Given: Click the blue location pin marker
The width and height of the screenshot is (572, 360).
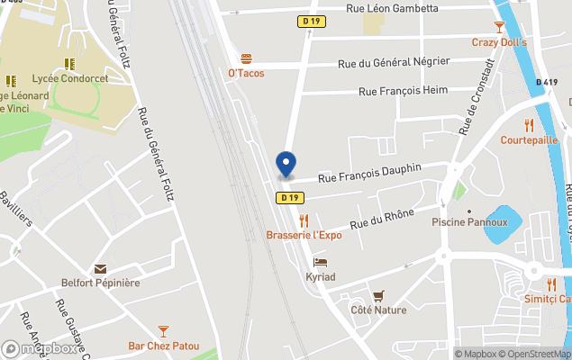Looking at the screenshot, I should click(286, 165).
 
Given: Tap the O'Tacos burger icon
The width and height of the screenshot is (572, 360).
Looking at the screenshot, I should click(246, 58).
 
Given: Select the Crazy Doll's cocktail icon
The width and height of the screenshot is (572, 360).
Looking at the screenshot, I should click(499, 28).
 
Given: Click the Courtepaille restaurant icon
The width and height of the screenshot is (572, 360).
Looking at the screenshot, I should click(529, 125).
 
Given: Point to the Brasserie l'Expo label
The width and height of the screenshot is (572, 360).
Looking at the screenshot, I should click(304, 235).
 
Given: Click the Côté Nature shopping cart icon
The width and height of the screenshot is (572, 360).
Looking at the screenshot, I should click(378, 295).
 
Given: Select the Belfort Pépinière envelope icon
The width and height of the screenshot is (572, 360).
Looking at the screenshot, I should click(99, 268).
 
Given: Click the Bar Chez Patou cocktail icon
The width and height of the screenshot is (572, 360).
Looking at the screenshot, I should click(162, 331).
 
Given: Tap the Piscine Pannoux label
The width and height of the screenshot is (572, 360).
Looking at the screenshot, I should click(469, 222).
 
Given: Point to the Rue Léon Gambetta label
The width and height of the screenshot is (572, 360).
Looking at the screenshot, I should click(393, 8).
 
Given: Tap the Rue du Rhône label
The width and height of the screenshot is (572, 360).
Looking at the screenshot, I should click(382, 217).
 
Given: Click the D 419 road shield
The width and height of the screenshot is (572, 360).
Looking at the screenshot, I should click(547, 82).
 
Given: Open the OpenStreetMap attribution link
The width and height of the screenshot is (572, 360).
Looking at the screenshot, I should click(535, 354).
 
